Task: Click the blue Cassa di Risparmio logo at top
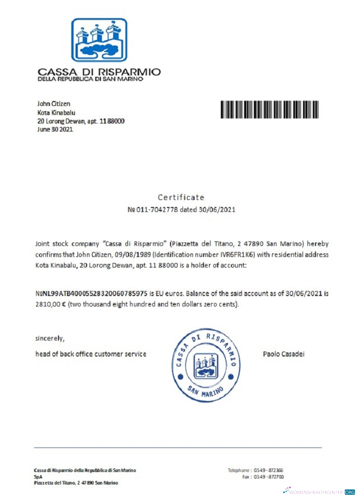click(99, 39)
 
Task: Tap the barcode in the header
click(270, 109)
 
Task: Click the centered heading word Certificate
click(181, 197)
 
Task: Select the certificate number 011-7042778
click(159, 209)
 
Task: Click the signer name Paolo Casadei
click(284, 354)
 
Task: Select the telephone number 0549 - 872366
click(269, 470)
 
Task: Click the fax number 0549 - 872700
click(269, 477)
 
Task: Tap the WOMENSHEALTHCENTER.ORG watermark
click(320, 492)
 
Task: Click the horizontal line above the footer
click(177, 447)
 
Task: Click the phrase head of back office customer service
click(90, 354)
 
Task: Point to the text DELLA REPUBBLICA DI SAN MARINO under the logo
click(90, 79)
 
